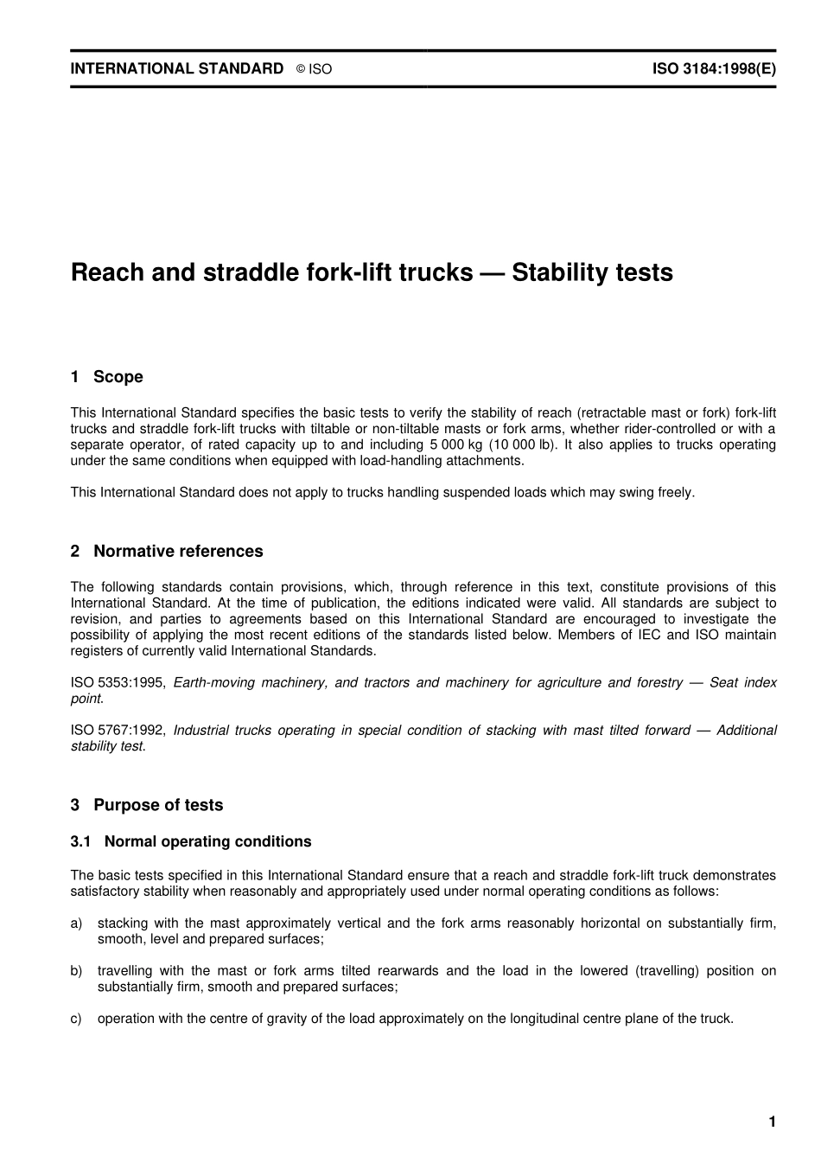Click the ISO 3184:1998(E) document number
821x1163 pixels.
point(714,68)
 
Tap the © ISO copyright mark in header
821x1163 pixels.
point(314,69)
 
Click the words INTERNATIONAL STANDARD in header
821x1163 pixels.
point(176,68)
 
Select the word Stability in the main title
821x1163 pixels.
point(566,272)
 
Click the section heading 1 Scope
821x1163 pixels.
point(106,377)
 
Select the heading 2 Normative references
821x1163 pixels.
point(167,552)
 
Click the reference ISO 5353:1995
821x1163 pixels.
point(118,682)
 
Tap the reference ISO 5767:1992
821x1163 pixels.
point(118,731)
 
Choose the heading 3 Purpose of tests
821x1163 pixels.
point(147,805)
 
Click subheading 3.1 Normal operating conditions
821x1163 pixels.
point(191,841)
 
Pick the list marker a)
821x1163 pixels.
point(77,923)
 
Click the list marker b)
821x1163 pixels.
point(77,971)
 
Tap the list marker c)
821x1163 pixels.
point(77,1019)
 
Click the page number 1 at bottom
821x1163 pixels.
point(772,1122)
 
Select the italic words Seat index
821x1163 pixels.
point(742,682)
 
